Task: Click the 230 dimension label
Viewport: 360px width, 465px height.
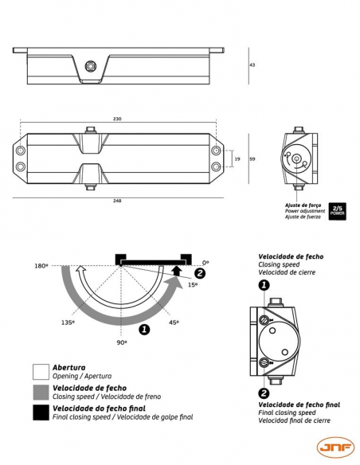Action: pos(117,119)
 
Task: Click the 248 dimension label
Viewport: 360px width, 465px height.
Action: pos(117,201)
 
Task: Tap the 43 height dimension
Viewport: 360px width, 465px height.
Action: pos(252,64)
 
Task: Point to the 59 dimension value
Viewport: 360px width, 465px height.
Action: pos(252,159)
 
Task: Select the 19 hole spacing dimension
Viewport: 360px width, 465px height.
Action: pos(237,159)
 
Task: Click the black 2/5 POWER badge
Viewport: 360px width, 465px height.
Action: pos(337,211)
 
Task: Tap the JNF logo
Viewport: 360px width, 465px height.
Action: pos(335,447)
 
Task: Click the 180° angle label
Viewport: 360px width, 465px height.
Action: pos(41,266)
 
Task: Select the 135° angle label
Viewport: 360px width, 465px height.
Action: pos(68,322)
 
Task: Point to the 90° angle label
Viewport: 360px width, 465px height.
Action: pos(122,342)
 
